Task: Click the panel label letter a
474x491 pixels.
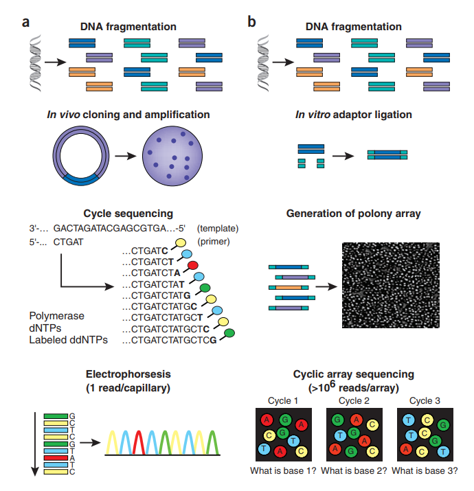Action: [x=25, y=23]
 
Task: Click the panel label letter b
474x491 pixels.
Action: [x=251, y=22]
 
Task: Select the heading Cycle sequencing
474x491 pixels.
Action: [x=128, y=214]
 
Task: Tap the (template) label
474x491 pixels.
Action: [x=217, y=229]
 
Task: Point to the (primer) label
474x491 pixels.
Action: [x=214, y=242]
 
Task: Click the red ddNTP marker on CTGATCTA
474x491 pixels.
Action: [x=192, y=266]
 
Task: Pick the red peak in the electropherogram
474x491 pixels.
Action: [x=139, y=442]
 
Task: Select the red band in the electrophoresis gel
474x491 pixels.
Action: [x=56, y=458]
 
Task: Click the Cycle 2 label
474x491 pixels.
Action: [x=354, y=401]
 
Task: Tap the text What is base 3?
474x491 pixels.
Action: [x=425, y=470]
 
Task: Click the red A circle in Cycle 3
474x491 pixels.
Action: [x=406, y=449]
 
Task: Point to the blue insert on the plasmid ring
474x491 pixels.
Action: [x=81, y=180]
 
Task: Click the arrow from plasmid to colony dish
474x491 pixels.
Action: [x=126, y=156]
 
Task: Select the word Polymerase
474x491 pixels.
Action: [x=57, y=316]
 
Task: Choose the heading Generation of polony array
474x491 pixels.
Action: [x=353, y=214]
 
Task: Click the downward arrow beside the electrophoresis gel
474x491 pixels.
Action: [x=35, y=444]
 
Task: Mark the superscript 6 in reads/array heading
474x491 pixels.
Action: [x=332, y=384]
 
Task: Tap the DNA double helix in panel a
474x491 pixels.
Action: [x=36, y=63]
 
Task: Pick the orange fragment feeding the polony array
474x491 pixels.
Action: [x=289, y=288]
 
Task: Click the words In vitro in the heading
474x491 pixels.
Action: [x=313, y=115]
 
